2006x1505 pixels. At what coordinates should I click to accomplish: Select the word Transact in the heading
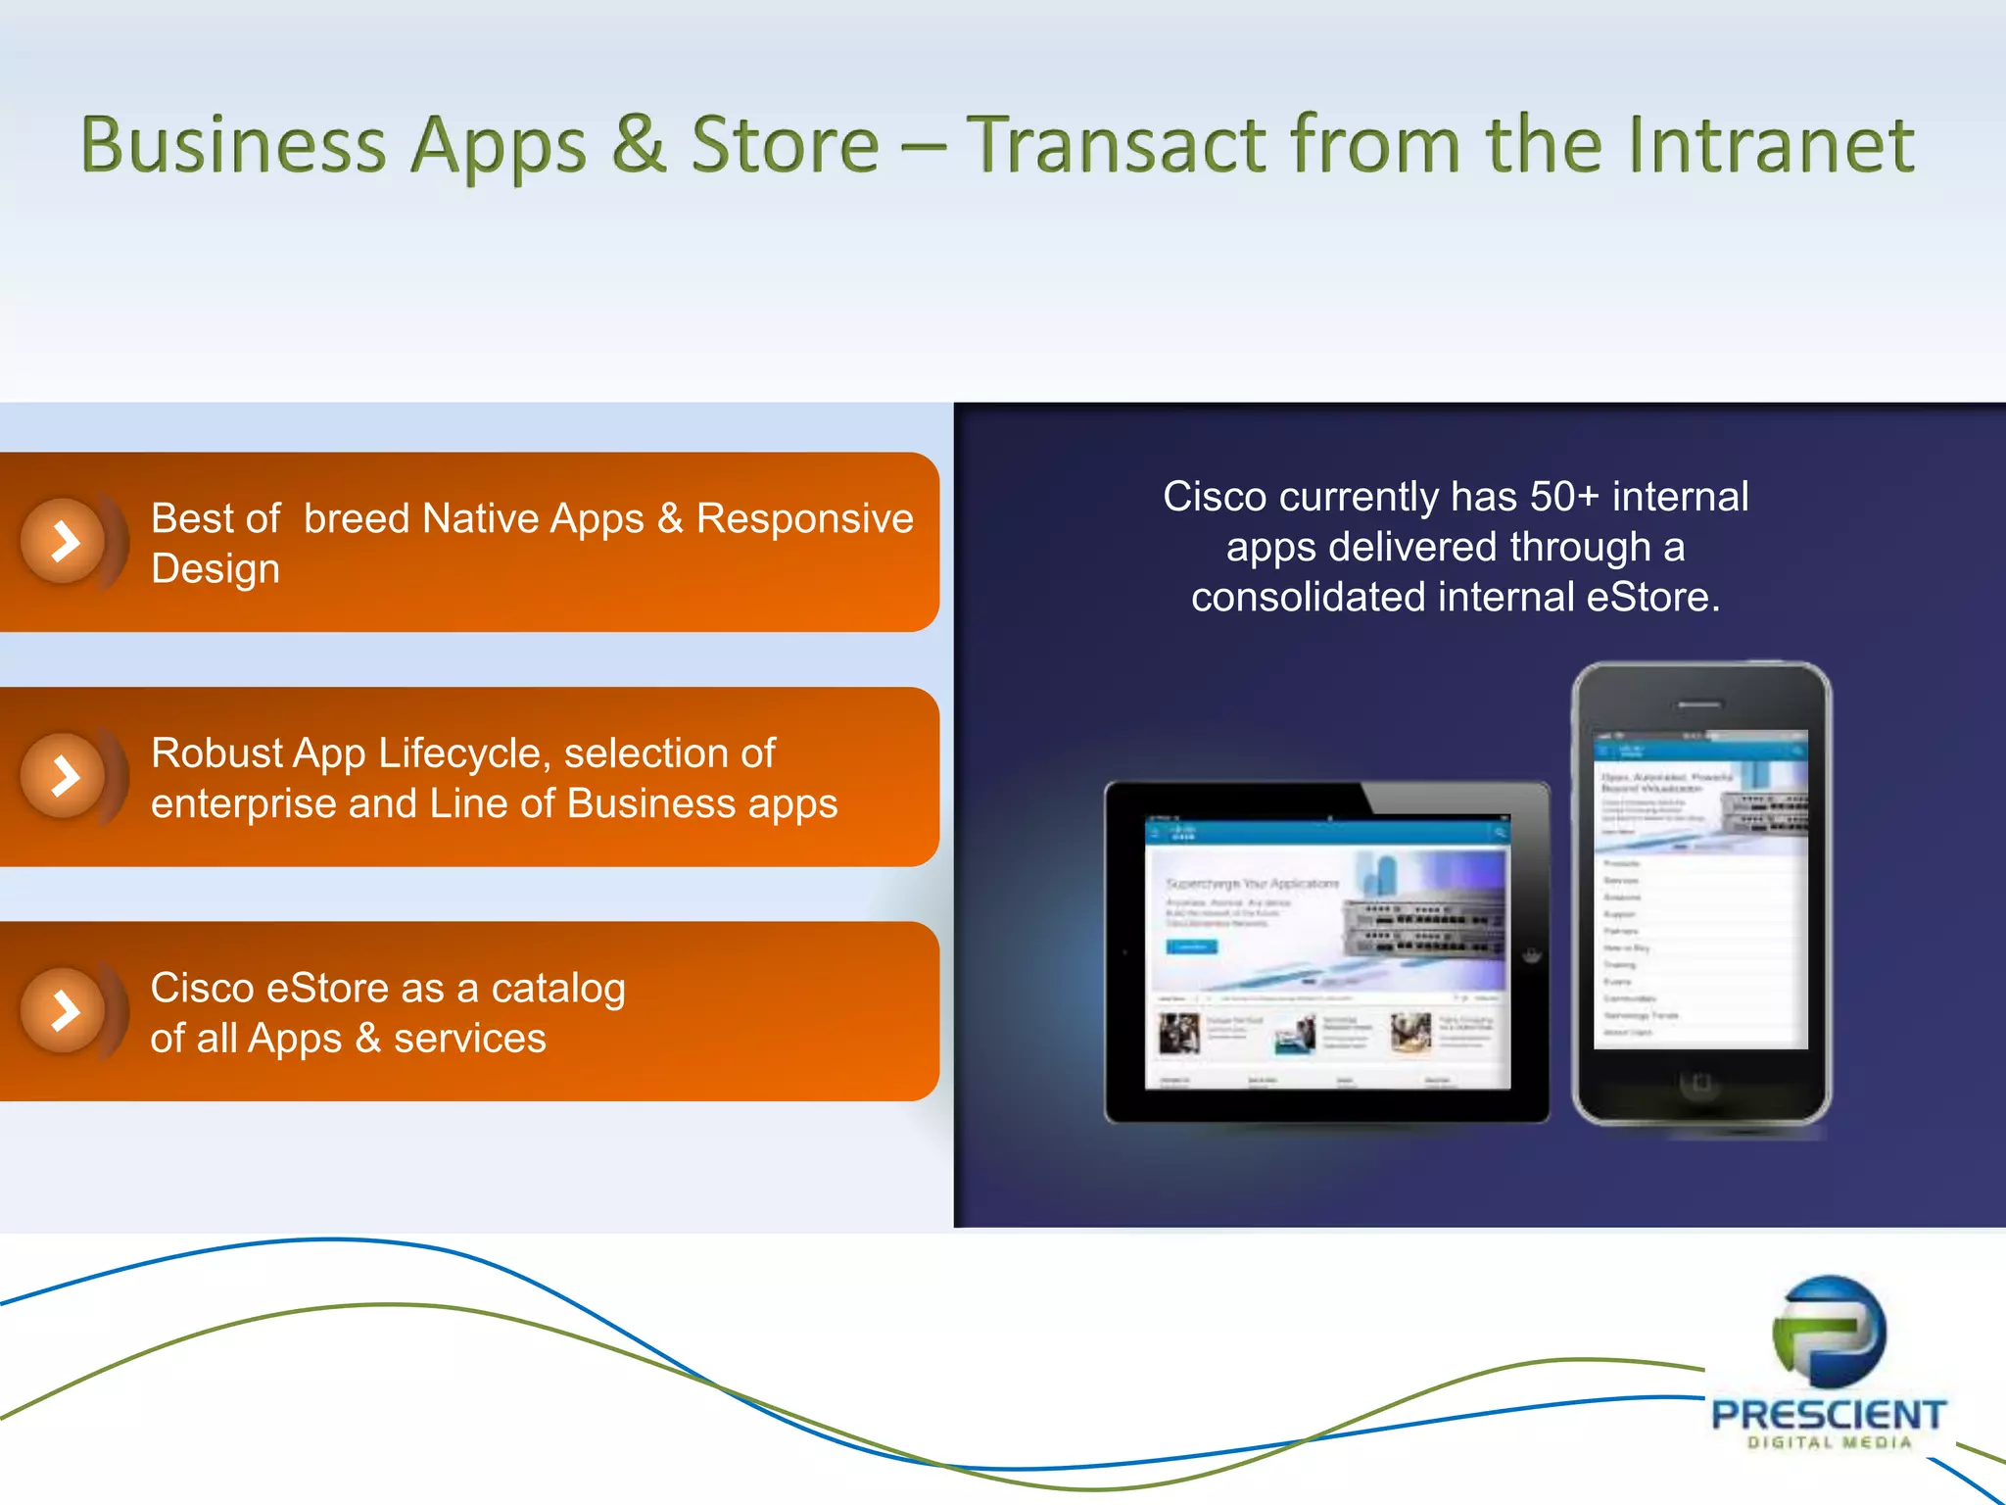pos(1117,145)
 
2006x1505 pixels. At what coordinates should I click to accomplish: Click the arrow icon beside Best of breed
pos(65,541)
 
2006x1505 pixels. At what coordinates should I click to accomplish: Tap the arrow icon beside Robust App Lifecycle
pos(65,776)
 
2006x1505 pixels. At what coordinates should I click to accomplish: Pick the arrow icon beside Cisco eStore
pos(65,1011)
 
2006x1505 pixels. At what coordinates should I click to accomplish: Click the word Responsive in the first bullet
pos(804,518)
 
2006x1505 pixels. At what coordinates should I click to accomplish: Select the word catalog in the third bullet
pos(558,989)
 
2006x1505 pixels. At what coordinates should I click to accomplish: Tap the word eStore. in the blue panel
pos(1653,597)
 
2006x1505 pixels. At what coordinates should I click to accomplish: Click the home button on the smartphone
pos(1700,1083)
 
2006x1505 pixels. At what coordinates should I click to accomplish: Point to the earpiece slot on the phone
pos(1699,704)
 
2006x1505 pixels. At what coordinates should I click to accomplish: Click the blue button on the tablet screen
pos(1191,947)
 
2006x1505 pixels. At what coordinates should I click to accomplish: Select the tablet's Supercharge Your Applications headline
pos(1252,884)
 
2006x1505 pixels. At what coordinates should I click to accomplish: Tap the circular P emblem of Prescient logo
pos(1829,1332)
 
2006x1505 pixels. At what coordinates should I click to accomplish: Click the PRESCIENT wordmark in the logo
pos(1828,1415)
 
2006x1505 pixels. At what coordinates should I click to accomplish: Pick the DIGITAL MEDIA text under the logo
pos(1829,1443)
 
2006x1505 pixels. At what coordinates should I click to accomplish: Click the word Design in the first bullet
pos(215,569)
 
